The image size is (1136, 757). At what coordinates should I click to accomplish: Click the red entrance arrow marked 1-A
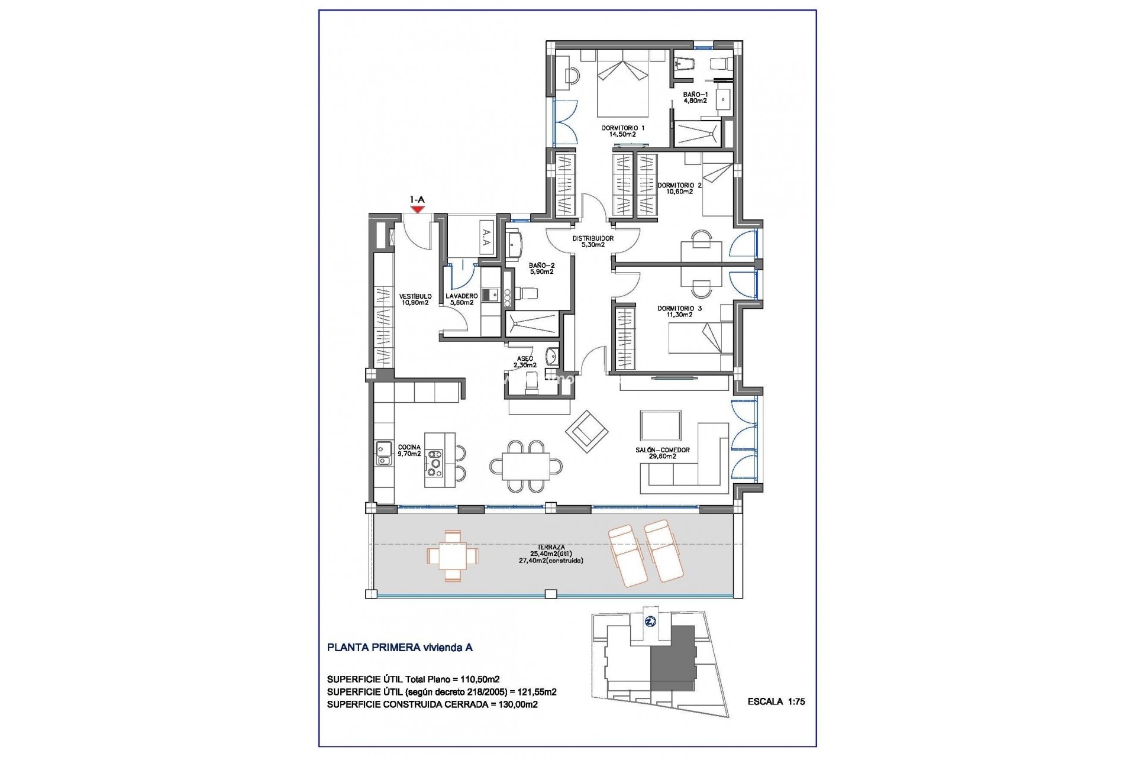418,208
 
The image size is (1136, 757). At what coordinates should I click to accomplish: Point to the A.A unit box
486,238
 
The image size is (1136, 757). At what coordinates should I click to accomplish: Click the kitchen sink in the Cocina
383,453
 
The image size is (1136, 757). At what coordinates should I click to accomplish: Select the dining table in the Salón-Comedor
525,467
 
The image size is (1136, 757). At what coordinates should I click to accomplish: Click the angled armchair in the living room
586,431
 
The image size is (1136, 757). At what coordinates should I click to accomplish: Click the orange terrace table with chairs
452,555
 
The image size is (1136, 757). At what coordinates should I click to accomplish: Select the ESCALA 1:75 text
776,702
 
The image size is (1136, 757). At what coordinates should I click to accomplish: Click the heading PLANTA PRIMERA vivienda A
399,648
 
